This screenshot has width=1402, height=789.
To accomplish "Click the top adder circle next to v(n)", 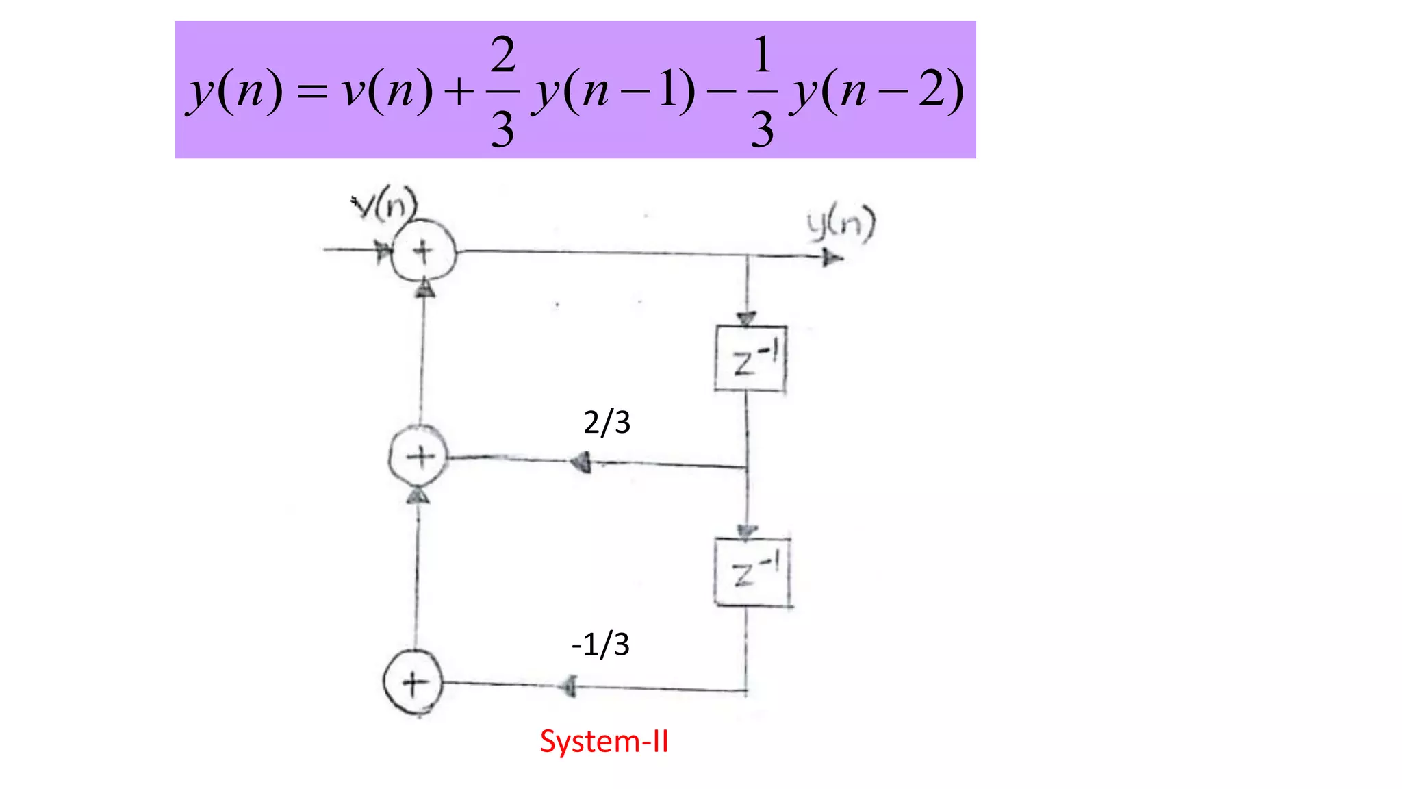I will (423, 251).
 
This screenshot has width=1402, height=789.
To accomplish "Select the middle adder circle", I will (419, 456).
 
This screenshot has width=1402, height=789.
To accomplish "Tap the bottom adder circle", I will (413, 682).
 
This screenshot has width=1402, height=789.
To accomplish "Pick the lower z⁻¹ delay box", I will (752, 573).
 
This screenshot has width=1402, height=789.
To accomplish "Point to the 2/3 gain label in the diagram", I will (607, 422).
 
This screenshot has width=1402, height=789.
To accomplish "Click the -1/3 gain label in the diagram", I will (600, 644).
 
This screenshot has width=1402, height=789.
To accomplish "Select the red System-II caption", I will (604, 742).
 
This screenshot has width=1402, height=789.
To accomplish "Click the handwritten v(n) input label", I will (385, 203).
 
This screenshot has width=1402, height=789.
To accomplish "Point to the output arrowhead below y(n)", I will (832, 258).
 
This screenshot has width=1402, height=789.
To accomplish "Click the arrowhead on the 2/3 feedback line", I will (581, 462).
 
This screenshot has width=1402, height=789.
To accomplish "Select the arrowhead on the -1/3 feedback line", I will (568, 686).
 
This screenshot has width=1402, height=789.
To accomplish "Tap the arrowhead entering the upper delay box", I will (746, 319).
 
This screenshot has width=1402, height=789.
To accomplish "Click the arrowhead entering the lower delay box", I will (746, 531).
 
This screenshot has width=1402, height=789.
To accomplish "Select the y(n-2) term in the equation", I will (877, 91).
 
